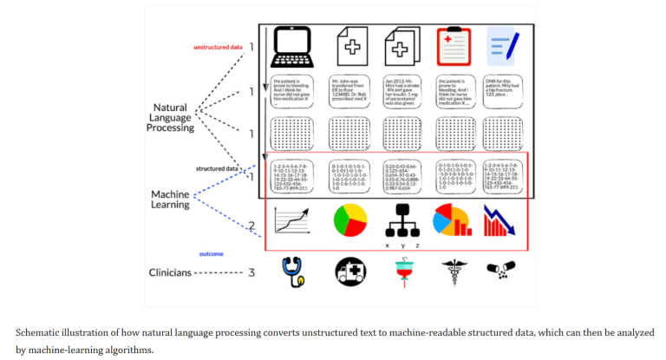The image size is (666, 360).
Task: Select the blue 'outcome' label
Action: [x=212, y=253]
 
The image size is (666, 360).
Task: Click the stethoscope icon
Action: [x=292, y=272]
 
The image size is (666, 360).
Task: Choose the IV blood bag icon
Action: [x=401, y=272]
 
